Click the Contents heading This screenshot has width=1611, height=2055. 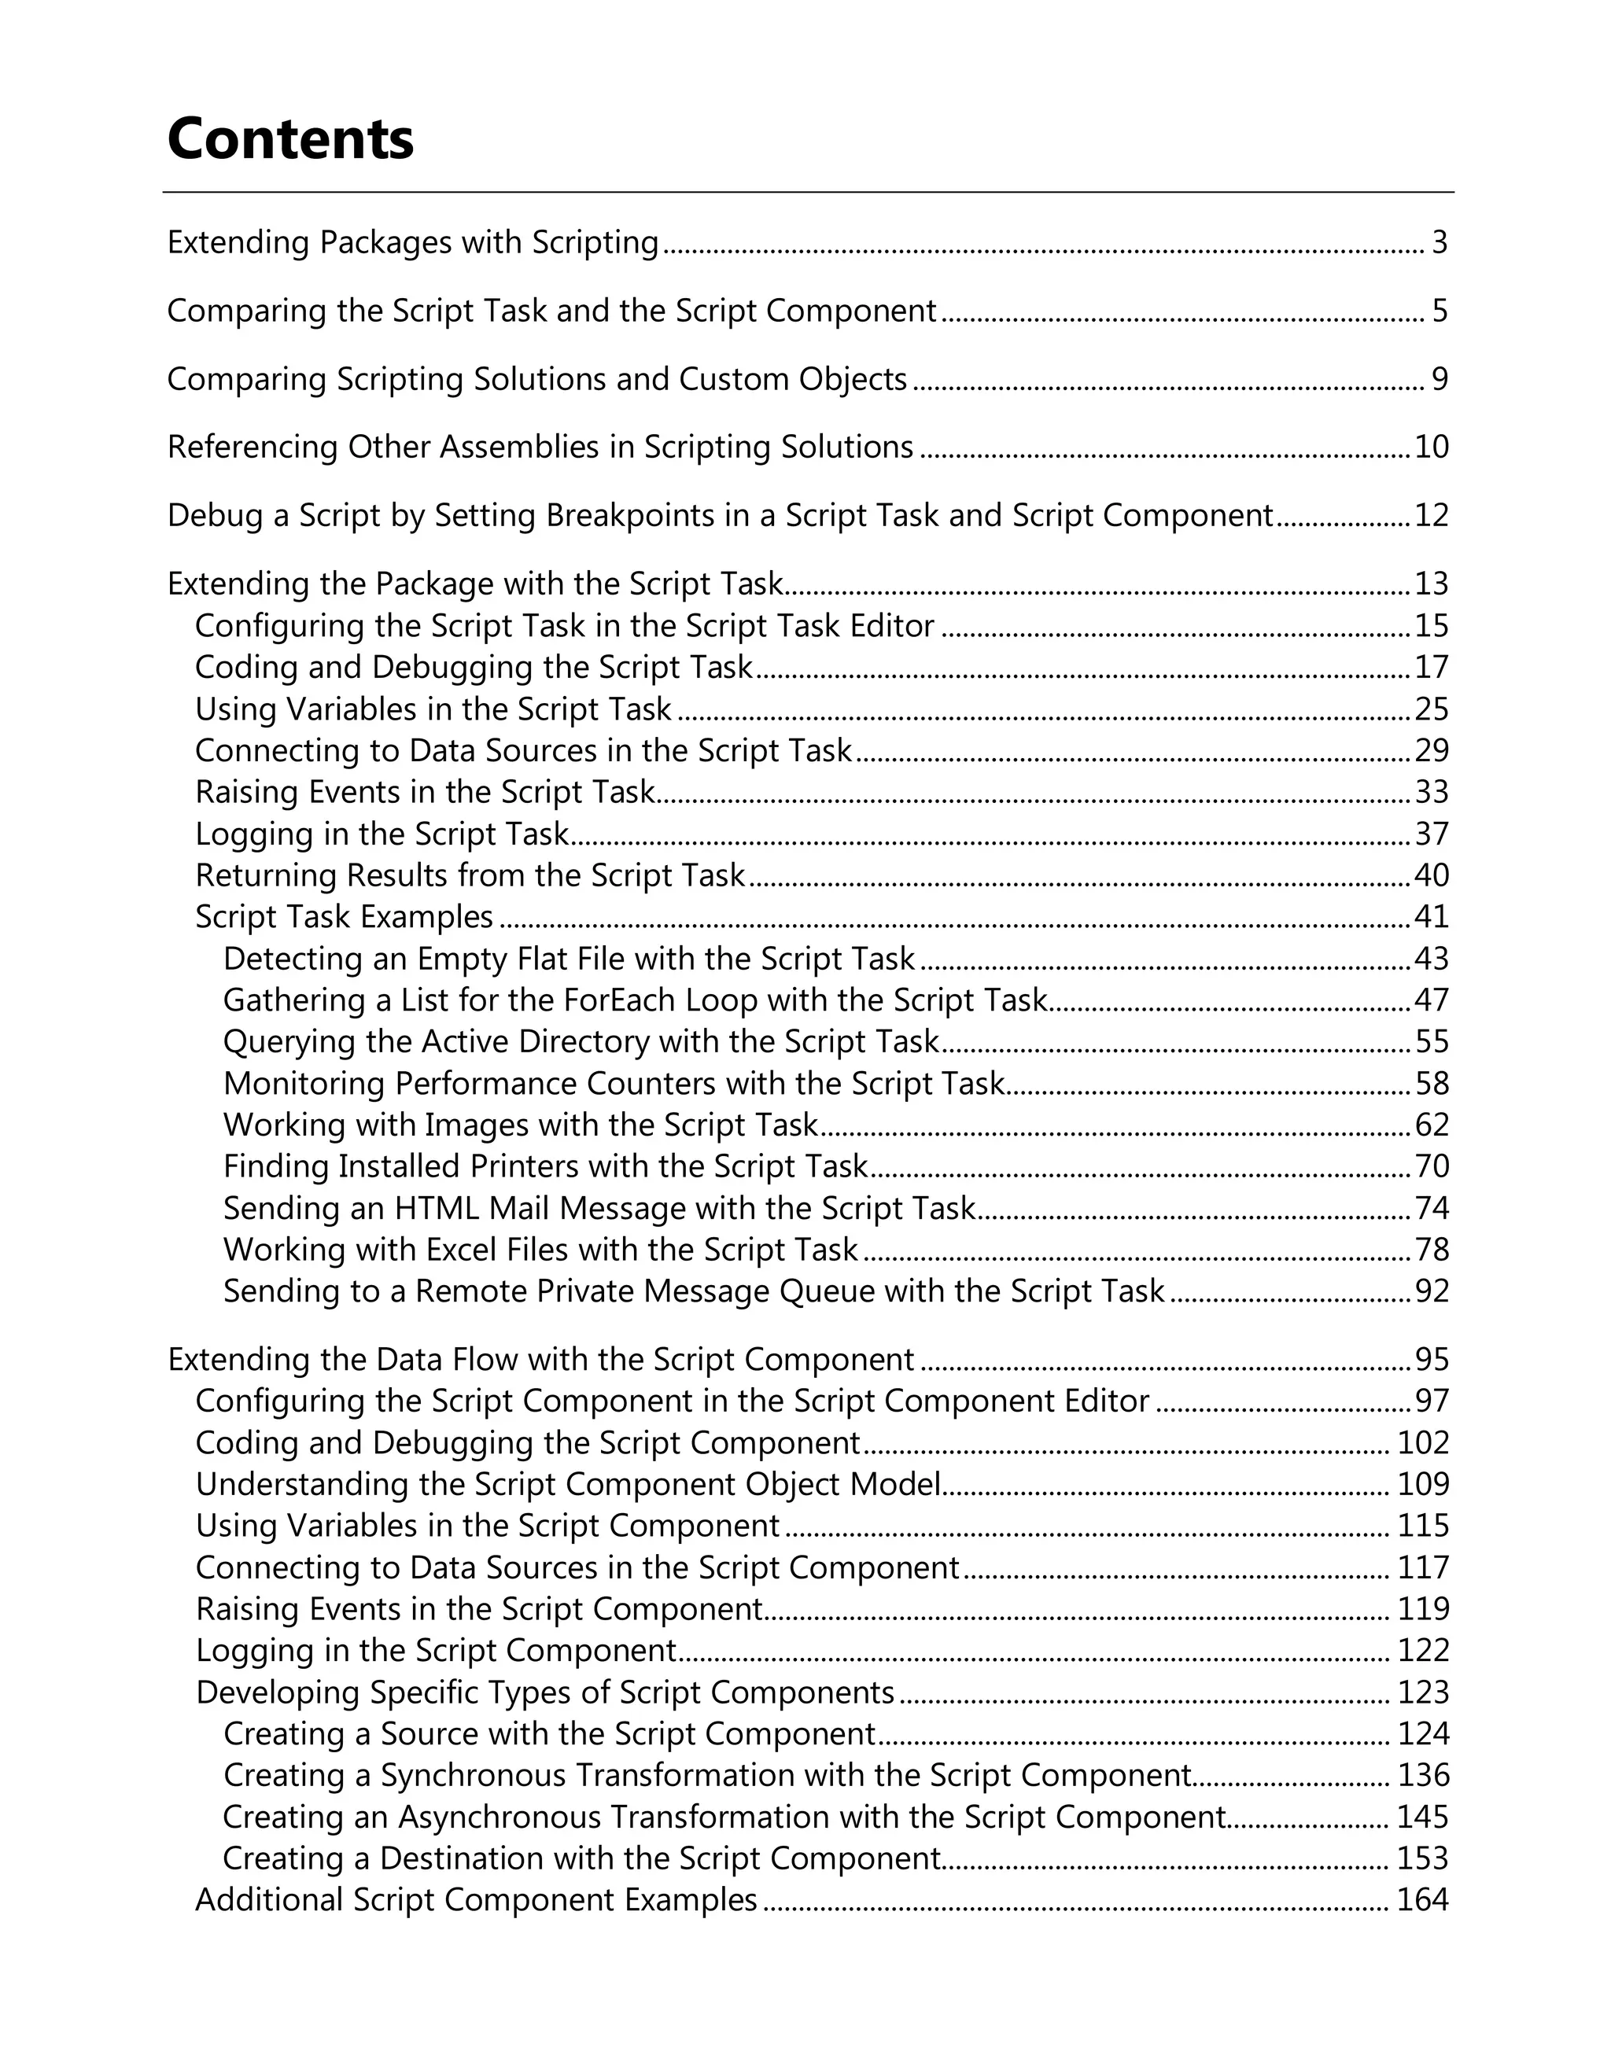pos(289,138)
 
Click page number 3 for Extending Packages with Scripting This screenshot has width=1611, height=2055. pos(1440,242)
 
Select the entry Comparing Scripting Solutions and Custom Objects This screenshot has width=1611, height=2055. pos(536,379)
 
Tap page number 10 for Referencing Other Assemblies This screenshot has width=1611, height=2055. pos(1431,447)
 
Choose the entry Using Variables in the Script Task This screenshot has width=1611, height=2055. pos(433,709)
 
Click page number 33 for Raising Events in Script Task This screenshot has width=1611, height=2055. pos(1431,792)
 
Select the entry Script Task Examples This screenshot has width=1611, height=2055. pos(345,917)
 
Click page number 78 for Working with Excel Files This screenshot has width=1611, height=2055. pos(1431,1250)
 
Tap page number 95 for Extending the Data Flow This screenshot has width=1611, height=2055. pos(1431,1360)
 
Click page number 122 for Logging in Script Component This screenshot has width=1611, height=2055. pos(1422,1651)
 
